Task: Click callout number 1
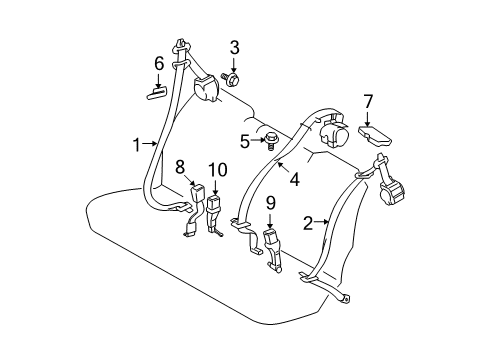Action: pos(134,144)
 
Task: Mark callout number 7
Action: pos(368,100)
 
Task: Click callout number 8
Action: pos(181,165)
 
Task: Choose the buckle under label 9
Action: pos(272,244)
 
